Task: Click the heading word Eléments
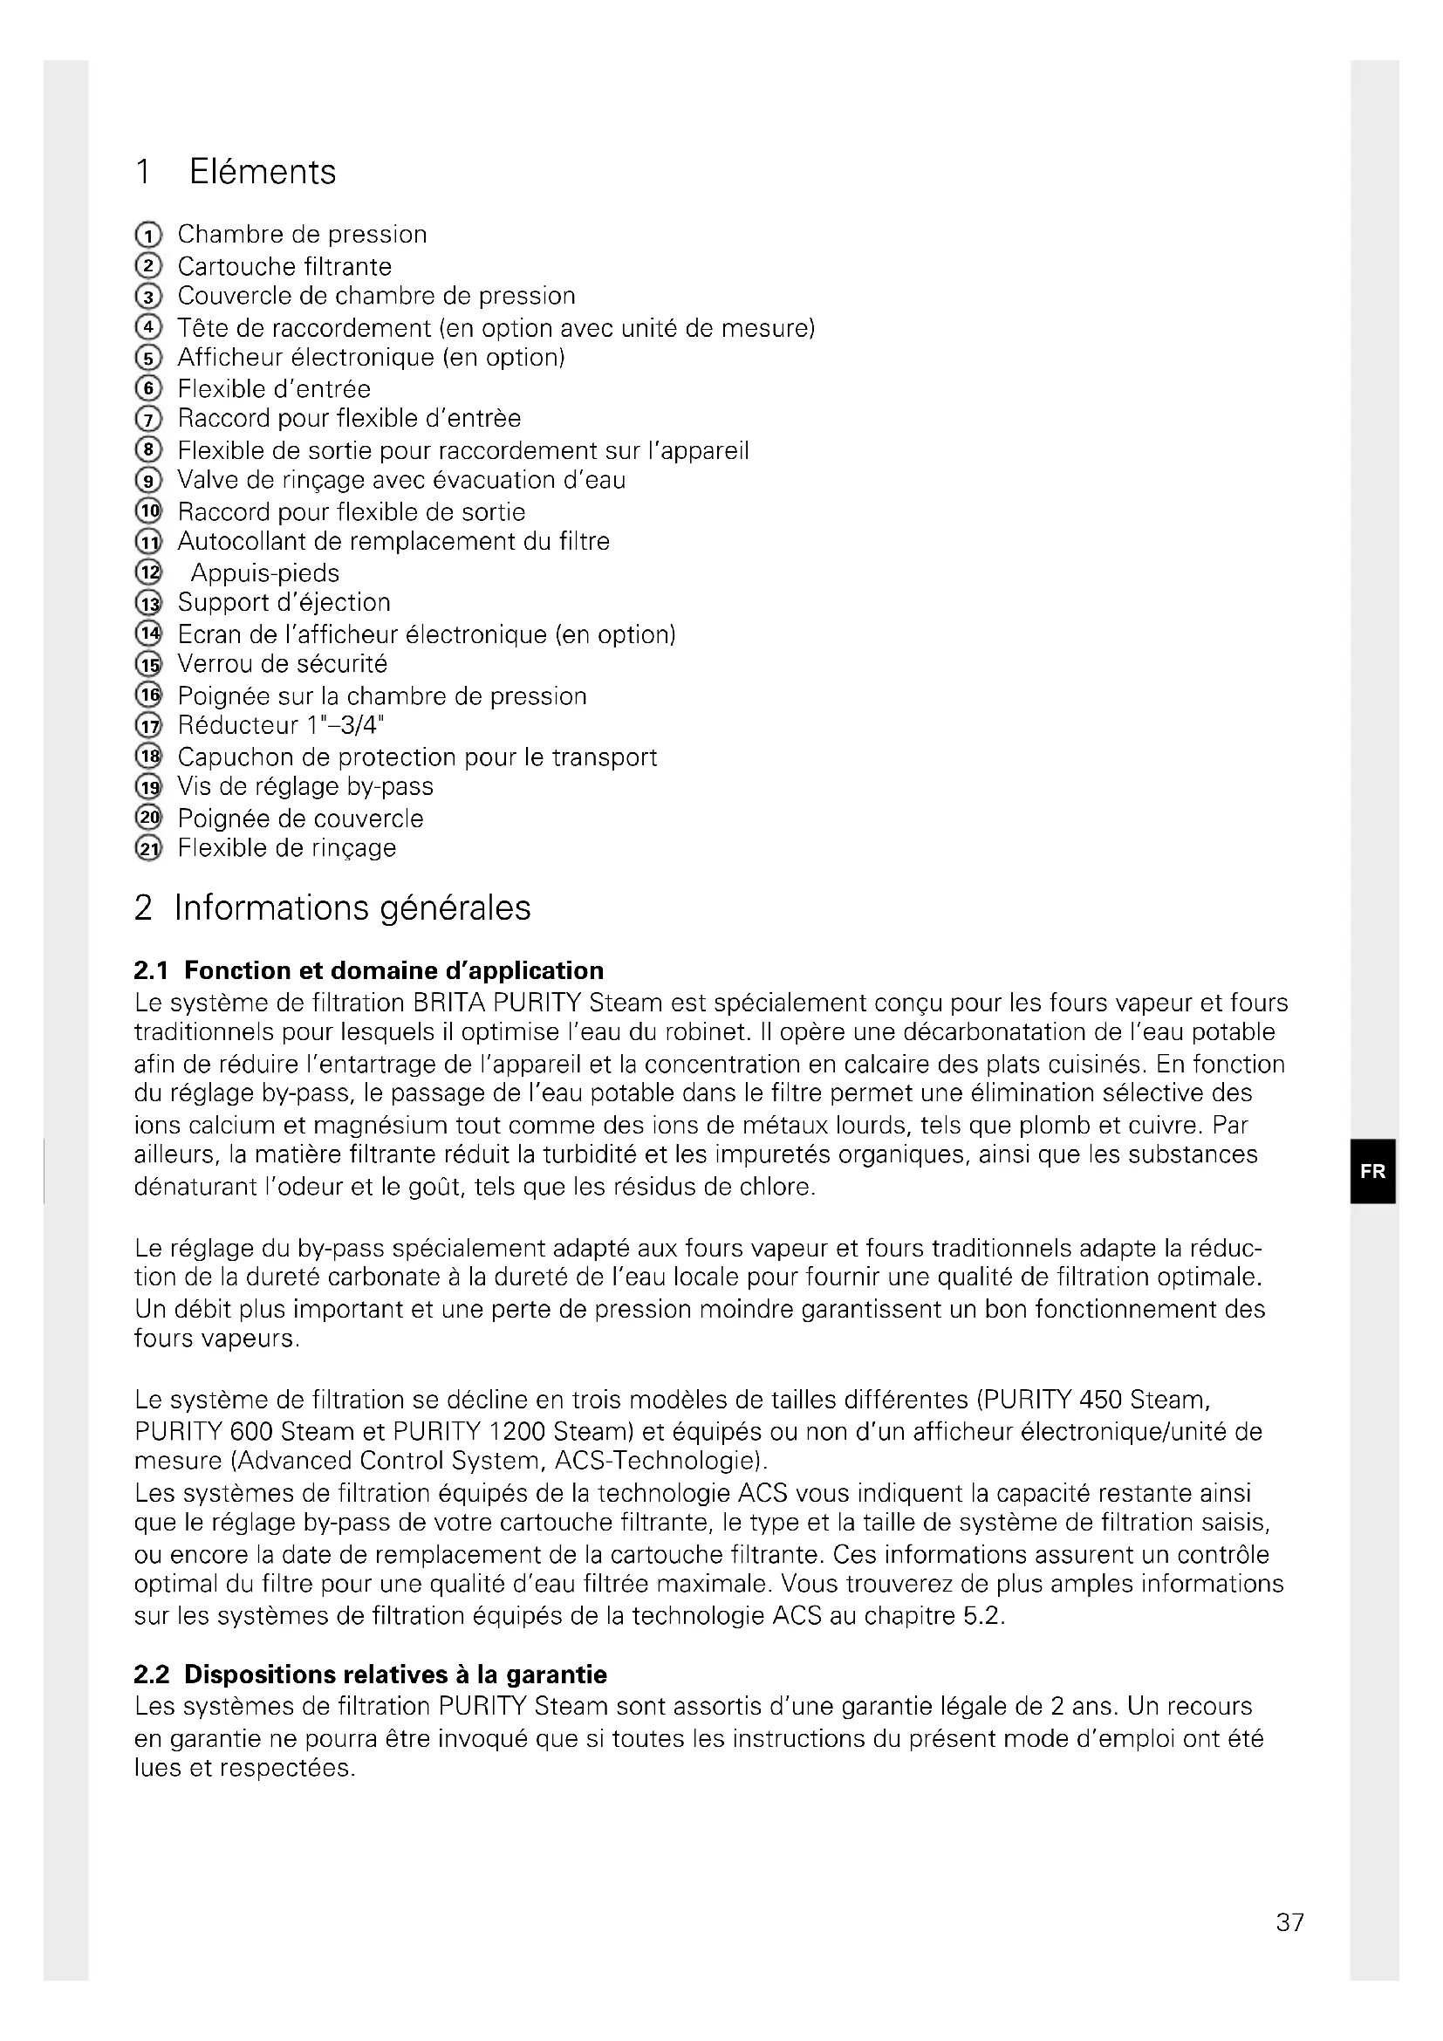coord(262,172)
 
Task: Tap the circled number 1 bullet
coord(148,236)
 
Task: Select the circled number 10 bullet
coord(148,512)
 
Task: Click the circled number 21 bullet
coord(148,849)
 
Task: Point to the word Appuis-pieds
coord(265,573)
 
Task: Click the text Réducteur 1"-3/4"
coord(281,725)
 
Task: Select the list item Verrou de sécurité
coord(283,664)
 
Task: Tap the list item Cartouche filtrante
coord(284,267)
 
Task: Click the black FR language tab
coord(1372,1171)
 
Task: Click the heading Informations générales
coord(352,908)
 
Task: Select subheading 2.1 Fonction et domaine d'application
coord(369,969)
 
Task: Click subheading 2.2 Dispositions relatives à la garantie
coord(371,1675)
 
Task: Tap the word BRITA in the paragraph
coord(448,1003)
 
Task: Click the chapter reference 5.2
coord(982,1616)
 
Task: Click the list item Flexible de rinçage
coord(287,848)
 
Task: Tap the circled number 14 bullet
coord(148,634)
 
